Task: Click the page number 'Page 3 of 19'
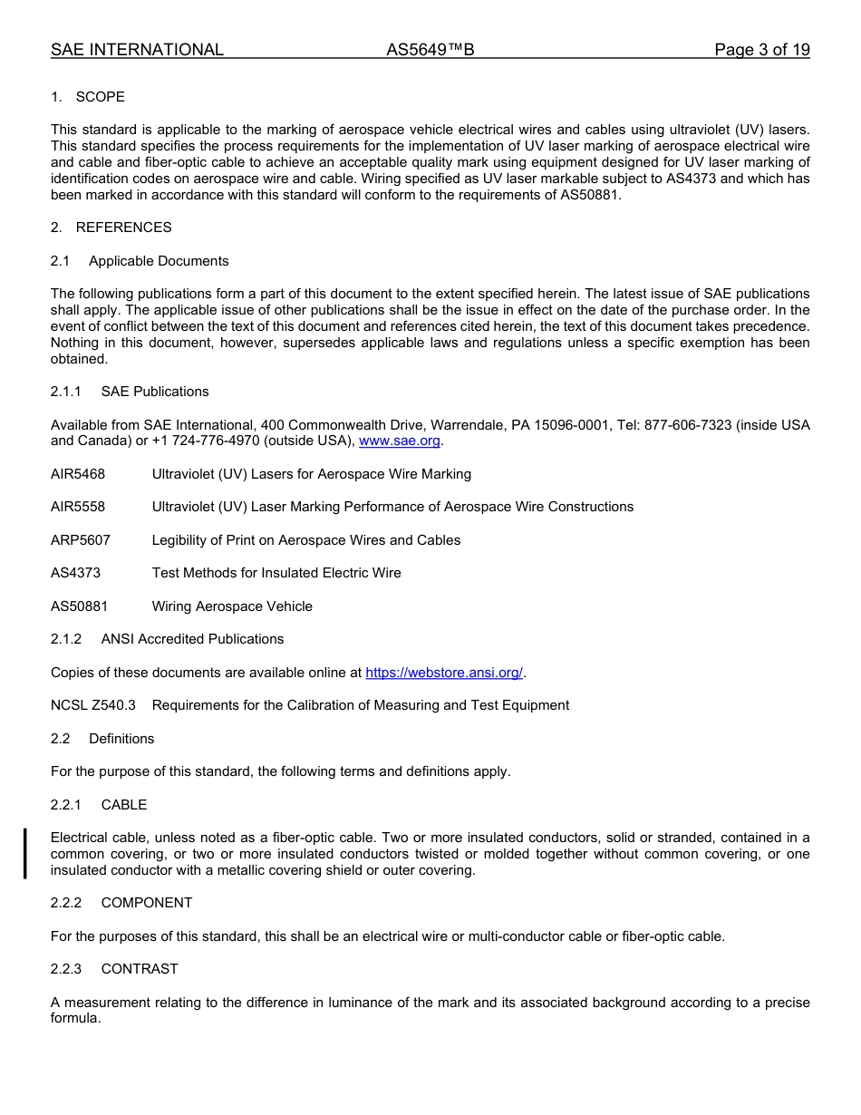(x=761, y=50)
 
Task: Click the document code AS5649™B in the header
(x=430, y=50)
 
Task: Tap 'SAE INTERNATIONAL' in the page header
(x=137, y=50)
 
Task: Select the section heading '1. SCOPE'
(x=88, y=97)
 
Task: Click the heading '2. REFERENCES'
(x=111, y=228)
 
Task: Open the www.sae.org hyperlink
(x=400, y=441)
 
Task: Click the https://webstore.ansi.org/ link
(x=444, y=673)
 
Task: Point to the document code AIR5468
(x=78, y=474)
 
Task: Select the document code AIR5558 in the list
(x=78, y=507)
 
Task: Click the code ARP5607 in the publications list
(x=81, y=540)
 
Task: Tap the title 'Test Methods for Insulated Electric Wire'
(x=276, y=573)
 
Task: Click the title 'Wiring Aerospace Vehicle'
(x=232, y=606)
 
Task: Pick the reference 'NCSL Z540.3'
(x=93, y=705)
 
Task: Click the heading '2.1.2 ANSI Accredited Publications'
(x=168, y=639)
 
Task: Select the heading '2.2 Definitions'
(x=102, y=739)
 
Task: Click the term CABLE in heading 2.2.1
(x=124, y=805)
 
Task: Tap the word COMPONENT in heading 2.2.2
(x=147, y=903)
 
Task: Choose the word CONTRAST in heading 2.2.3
(x=140, y=969)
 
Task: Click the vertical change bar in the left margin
(x=25, y=853)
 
